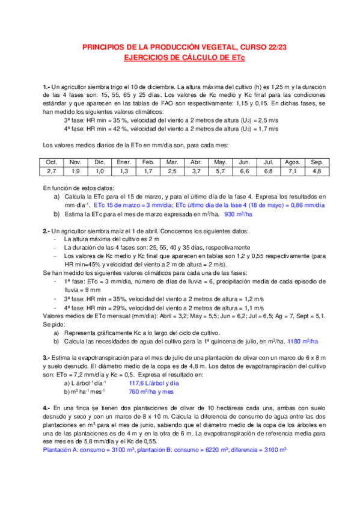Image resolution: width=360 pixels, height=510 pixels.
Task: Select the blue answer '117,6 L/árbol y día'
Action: click(x=154, y=383)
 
